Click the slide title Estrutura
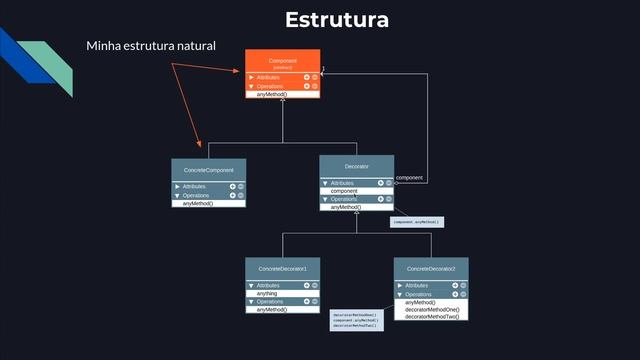336,20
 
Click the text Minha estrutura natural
151,46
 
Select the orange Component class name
283,61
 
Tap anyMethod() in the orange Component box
272,94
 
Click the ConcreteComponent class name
208,171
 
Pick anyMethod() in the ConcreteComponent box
198,203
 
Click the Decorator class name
357,165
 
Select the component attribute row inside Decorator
345,190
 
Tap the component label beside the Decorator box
409,177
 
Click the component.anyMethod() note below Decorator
416,222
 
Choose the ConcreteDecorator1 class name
283,269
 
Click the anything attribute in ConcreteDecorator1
267,293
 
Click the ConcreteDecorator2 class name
431,269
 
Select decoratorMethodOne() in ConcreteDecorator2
432,310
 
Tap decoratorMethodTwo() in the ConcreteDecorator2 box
432,317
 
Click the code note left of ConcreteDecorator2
355,320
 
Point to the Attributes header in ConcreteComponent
194,187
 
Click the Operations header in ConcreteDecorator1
270,301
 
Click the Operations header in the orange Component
270,86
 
